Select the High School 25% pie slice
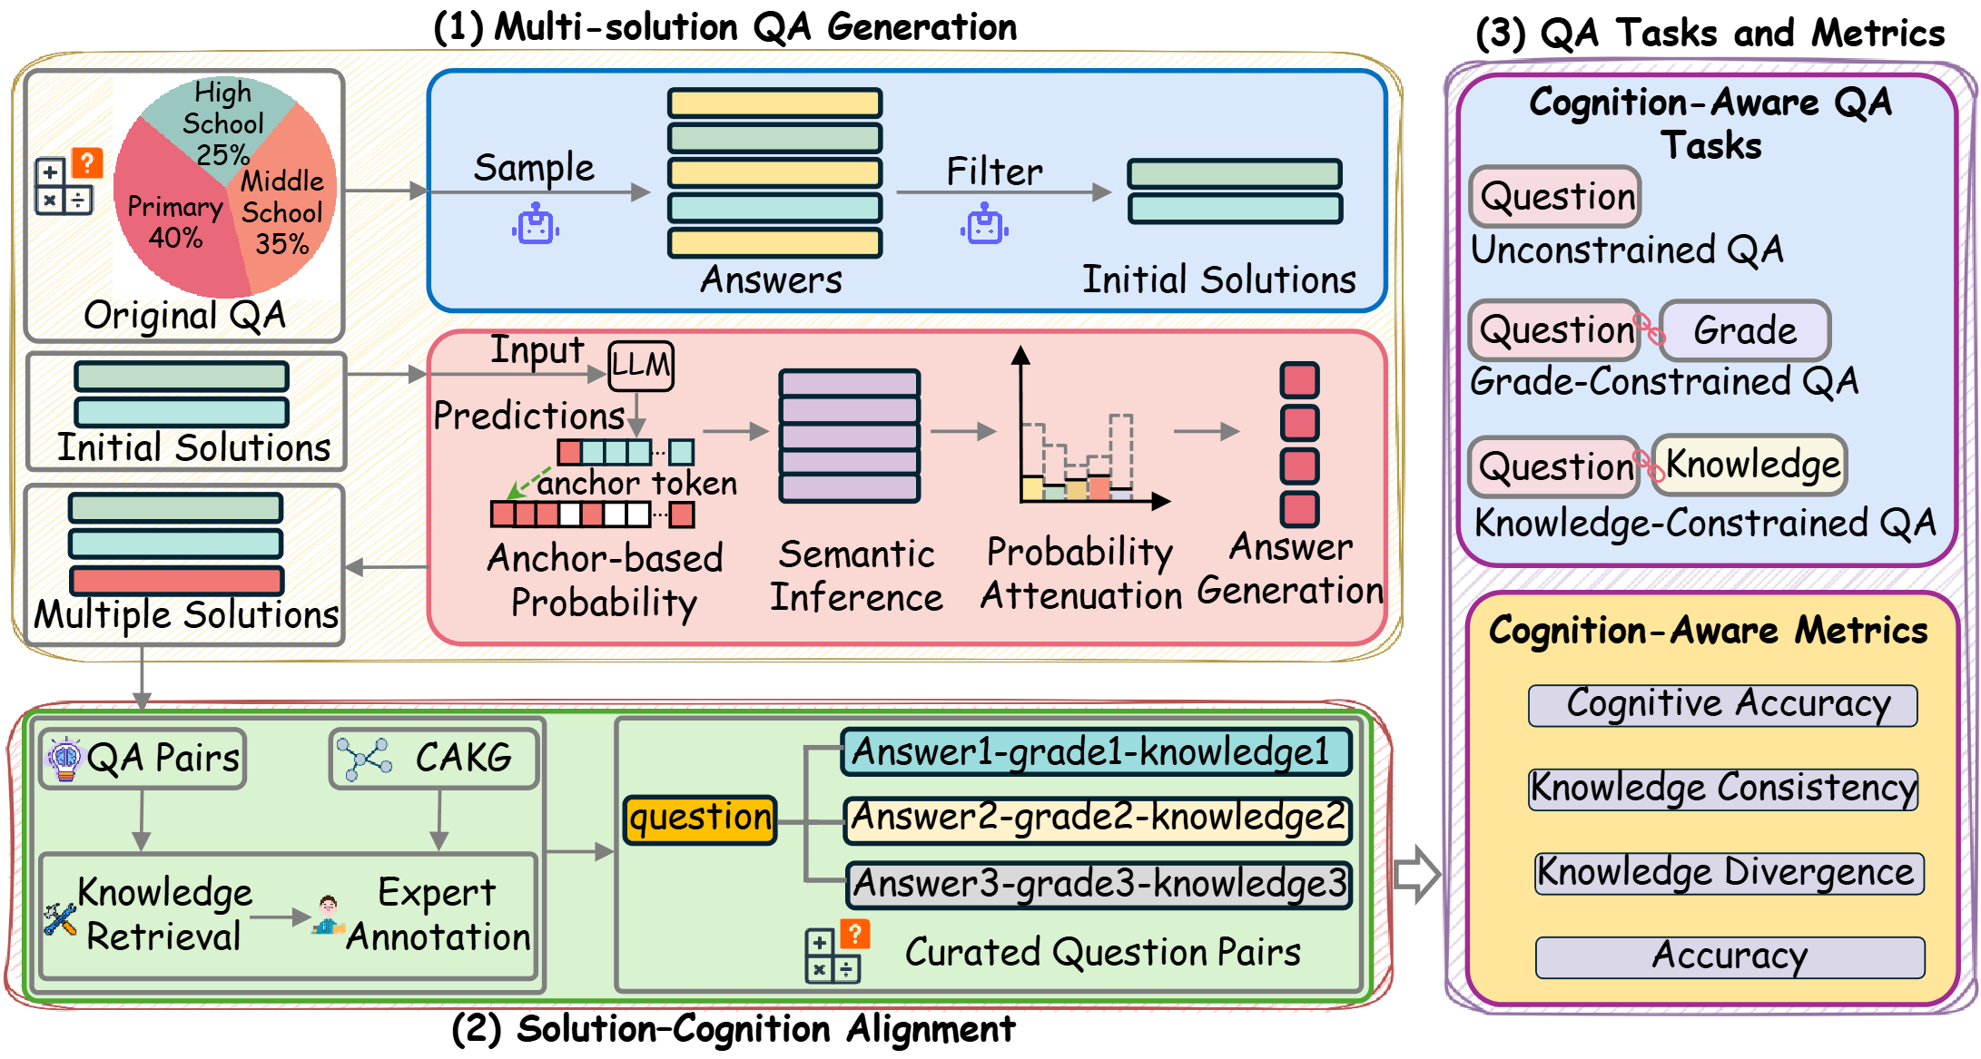tap(222, 118)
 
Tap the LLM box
tap(641, 366)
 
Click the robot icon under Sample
tap(536, 224)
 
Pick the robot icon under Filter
tap(984, 224)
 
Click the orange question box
tap(699, 819)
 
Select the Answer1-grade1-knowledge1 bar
tap(1096, 752)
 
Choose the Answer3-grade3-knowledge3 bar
tap(1099, 884)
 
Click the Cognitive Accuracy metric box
tap(1722, 705)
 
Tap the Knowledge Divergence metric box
tap(1728, 873)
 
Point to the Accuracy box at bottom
tap(1729, 956)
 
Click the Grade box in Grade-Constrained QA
tap(1744, 330)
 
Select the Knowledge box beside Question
tap(1749, 465)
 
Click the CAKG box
tap(435, 759)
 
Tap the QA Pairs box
tap(143, 759)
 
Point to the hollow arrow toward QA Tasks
tap(1416, 874)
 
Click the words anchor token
tap(636, 483)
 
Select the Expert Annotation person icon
tap(328, 915)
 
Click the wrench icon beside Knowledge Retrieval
tap(60, 919)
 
